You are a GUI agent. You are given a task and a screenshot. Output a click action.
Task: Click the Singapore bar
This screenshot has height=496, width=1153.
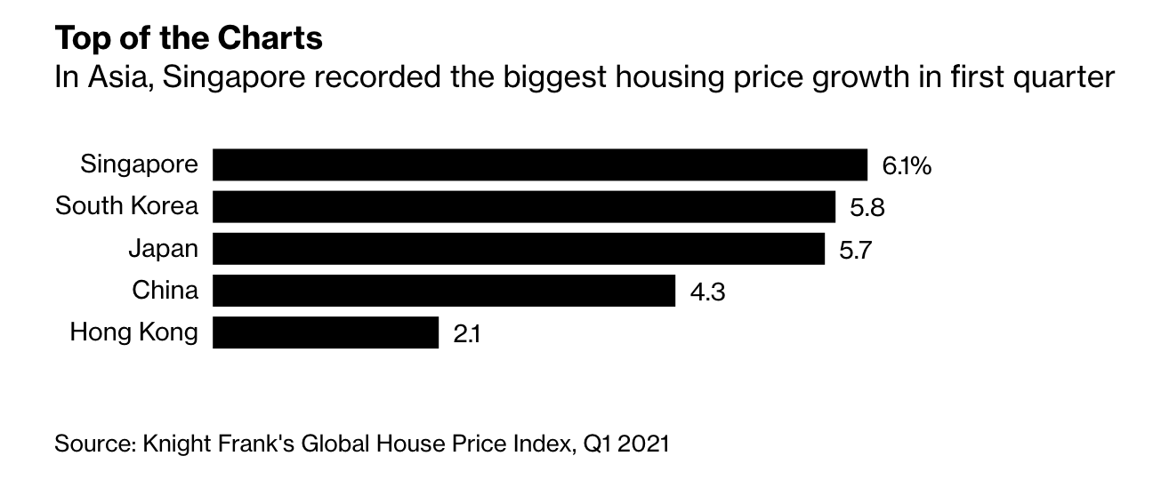pyautogui.click(x=540, y=165)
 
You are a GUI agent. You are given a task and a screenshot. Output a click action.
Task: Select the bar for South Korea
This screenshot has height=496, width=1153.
pyautogui.click(x=524, y=207)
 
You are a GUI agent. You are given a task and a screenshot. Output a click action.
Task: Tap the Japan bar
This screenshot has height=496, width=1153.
pyautogui.click(x=519, y=249)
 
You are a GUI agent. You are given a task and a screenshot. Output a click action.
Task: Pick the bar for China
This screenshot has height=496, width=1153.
pyautogui.click(x=444, y=291)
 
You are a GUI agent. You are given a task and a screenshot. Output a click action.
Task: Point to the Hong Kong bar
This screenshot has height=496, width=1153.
pyautogui.click(x=326, y=332)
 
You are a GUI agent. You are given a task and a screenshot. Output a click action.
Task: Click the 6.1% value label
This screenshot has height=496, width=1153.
pyautogui.click(x=907, y=166)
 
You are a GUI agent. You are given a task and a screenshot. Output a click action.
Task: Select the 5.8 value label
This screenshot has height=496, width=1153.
pyautogui.click(x=867, y=208)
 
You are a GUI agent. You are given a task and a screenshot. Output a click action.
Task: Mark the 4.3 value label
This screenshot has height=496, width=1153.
pyautogui.click(x=707, y=292)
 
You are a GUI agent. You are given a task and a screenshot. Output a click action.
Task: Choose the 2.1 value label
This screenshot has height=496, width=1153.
pyautogui.click(x=467, y=333)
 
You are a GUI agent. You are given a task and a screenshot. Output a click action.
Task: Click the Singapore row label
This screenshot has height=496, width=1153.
pyautogui.click(x=139, y=165)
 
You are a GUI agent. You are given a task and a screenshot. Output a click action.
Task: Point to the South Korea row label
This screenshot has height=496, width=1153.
pyautogui.click(x=126, y=207)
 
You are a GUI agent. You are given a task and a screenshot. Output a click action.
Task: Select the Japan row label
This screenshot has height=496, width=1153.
pyautogui.click(x=163, y=249)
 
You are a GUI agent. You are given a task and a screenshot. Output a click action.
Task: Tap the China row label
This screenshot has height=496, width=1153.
pyautogui.click(x=165, y=291)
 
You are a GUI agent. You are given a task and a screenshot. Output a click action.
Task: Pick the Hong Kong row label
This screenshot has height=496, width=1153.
pyautogui.click(x=133, y=333)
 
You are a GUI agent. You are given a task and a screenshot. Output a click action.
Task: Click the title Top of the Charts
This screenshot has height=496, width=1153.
pyautogui.click(x=188, y=38)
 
